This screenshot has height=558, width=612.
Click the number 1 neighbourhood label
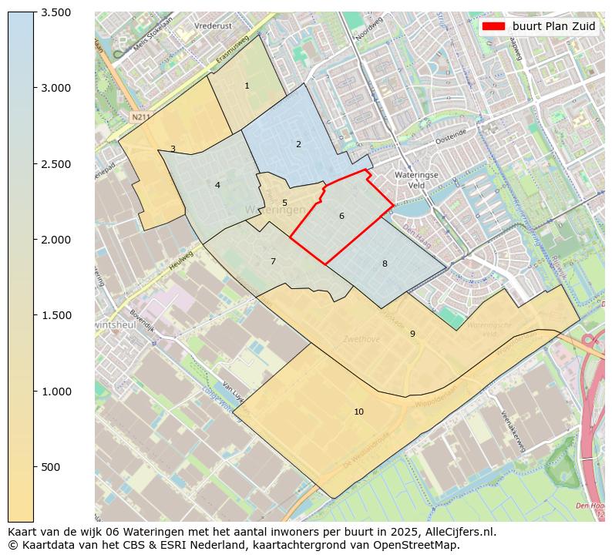tap(247, 86)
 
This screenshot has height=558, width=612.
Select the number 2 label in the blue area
tap(298, 144)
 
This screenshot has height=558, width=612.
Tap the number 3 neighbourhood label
tap(173, 150)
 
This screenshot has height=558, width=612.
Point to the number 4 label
tap(217, 185)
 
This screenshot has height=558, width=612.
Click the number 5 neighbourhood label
tap(284, 203)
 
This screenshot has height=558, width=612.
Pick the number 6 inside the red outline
tap(341, 216)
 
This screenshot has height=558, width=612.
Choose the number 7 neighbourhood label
tap(273, 262)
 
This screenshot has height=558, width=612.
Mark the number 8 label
tap(385, 264)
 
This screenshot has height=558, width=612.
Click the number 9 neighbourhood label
tap(412, 334)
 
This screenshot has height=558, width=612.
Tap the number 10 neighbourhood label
tap(358, 412)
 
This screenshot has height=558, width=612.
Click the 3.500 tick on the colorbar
tap(55, 12)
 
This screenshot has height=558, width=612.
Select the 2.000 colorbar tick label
tap(55, 240)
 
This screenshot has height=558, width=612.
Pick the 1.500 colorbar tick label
tap(55, 315)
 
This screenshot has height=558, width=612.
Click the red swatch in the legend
tap(493, 26)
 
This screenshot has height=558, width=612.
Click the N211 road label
tap(140, 117)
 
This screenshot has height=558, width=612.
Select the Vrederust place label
tap(214, 25)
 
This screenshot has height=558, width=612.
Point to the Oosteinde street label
tap(451, 133)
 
